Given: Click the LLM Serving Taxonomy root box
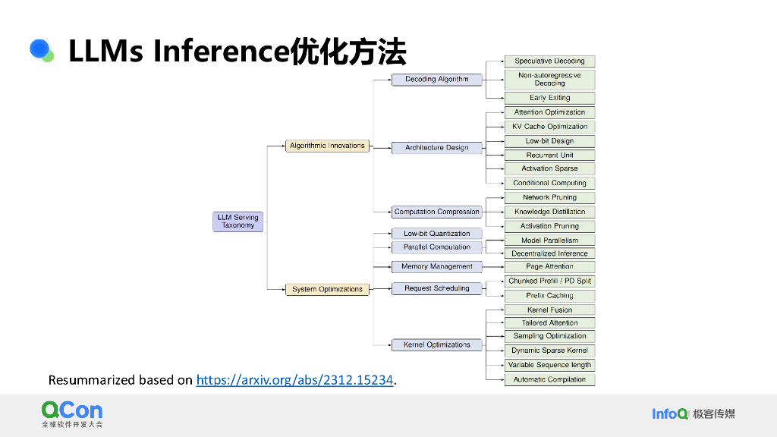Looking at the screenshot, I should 238,222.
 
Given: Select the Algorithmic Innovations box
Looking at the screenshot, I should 327,146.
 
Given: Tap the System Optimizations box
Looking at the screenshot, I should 327,289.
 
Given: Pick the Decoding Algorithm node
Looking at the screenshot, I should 436,79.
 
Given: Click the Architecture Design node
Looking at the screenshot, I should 436,148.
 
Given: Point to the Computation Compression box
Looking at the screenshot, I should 436,212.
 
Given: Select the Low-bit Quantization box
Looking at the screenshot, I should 436,234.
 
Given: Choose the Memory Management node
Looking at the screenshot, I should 436,266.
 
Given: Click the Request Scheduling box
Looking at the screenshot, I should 436,288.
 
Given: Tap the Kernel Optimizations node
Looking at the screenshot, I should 436,344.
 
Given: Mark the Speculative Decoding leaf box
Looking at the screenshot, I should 549,61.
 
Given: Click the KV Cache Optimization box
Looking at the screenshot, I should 549,127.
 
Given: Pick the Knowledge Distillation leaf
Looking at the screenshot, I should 549,212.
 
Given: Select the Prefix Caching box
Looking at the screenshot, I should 549,296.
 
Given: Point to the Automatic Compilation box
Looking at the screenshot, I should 549,379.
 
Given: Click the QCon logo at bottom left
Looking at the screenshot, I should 71,411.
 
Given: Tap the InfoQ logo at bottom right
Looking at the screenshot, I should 670,413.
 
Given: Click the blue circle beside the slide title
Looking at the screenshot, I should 39,49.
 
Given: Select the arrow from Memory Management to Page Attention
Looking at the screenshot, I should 493,266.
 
